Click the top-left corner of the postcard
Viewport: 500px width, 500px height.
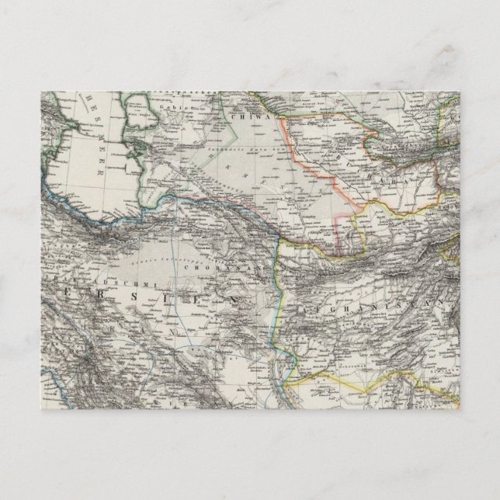(x=40, y=92)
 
